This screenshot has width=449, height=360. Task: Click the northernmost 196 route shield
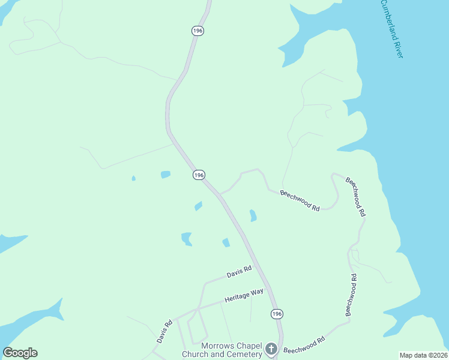tap(197, 31)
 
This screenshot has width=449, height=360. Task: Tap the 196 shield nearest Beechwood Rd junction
tap(199, 175)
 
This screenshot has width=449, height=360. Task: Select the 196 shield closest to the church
tap(276, 314)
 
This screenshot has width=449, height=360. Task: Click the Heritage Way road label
tap(244, 295)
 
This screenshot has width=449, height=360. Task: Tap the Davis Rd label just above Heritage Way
tap(239, 274)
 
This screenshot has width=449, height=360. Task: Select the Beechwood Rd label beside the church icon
tap(304, 344)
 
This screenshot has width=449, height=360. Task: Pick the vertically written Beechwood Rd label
tap(351, 295)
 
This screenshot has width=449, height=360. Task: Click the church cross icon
tap(271, 349)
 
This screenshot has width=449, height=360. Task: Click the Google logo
tap(20, 353)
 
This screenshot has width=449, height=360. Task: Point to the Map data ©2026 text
tap(423, 355)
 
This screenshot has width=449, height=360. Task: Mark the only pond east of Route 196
tap(253, 215)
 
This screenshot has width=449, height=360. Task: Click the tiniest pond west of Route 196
tap(133, 178)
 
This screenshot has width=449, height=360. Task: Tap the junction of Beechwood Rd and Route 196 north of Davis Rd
tap(220, 194)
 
